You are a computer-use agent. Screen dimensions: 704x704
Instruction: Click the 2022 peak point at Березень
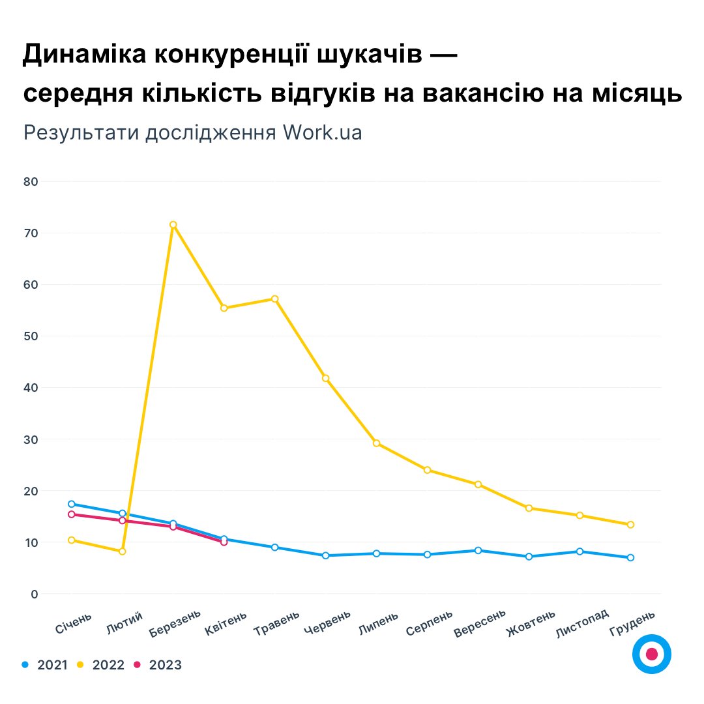pyautogui.click(x=173, y=225)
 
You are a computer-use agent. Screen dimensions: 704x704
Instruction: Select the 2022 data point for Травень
pyautogui.click(x=274, y=299)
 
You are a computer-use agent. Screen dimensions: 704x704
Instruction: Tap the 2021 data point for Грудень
pyautogui.click(x=630, y=557)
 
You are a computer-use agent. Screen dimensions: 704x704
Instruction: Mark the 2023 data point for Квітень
pyautogui.click(x=224, y=542)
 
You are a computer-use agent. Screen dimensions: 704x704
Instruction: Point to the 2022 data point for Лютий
pyautogui.click(x=122, y=551)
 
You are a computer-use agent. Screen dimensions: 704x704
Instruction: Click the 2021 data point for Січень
pyautogui.click(x=71, y=504)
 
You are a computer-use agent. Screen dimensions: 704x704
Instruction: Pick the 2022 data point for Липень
pyautogui.click(x=376, y=443)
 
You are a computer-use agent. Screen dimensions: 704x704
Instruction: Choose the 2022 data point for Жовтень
pyautogui.click(x=529, y=508)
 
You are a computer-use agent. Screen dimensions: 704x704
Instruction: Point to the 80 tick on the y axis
pyautogui.click(x=30, y=181)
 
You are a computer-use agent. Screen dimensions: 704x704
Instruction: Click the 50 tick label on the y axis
pyautogui.click(x=30, y=336)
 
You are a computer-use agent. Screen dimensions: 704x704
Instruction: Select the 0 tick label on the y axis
pyautogui.click(x=33, y=594)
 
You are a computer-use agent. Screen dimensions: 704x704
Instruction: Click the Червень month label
pyautogui.click(x=328, y=623)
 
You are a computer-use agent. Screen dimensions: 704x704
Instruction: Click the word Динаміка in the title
pyautogui.click(x=85, y=56)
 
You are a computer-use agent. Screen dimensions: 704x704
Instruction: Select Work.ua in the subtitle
pyautogui.click(x=322, y=132)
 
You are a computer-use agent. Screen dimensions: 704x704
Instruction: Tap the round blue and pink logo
pyautogui.click(x=651, y=654)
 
